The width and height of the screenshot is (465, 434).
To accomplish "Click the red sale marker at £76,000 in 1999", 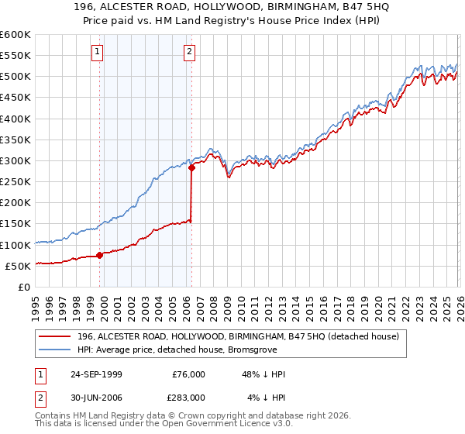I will click(x=100, y=255).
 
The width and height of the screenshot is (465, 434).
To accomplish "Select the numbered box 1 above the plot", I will click(x=98, y=52).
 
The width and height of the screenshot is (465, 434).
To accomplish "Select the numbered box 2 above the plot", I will click(x=189, y=52).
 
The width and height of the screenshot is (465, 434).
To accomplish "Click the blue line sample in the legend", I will click(x=56, y=350).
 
